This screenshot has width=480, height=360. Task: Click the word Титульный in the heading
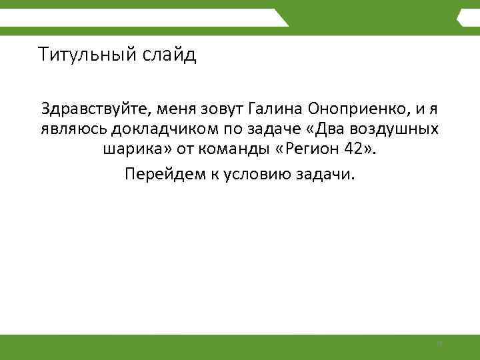coord(87,54)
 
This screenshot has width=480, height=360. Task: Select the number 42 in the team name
coord(355,152)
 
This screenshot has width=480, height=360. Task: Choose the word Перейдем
coord(159,174)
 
